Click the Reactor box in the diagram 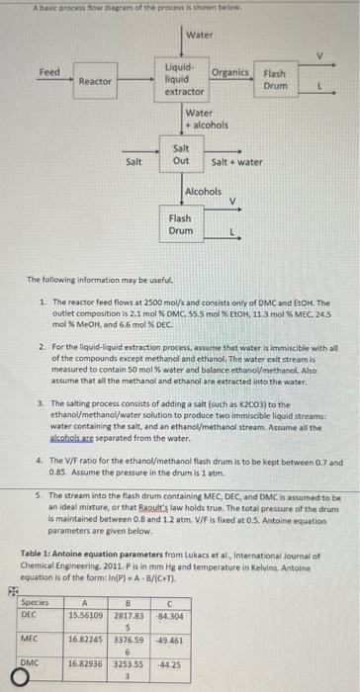95,80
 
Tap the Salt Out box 181,155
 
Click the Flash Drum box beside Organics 274,80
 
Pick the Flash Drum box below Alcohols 180,224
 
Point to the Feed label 48,71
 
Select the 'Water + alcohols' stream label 206,120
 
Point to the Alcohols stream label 203,190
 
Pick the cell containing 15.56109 86,586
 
